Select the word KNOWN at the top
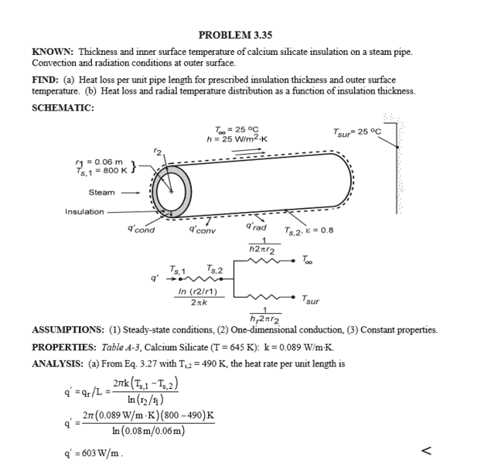point(50,53)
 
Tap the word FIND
point(43,80)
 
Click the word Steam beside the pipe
point(101,192)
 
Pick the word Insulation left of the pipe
point(83,212)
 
